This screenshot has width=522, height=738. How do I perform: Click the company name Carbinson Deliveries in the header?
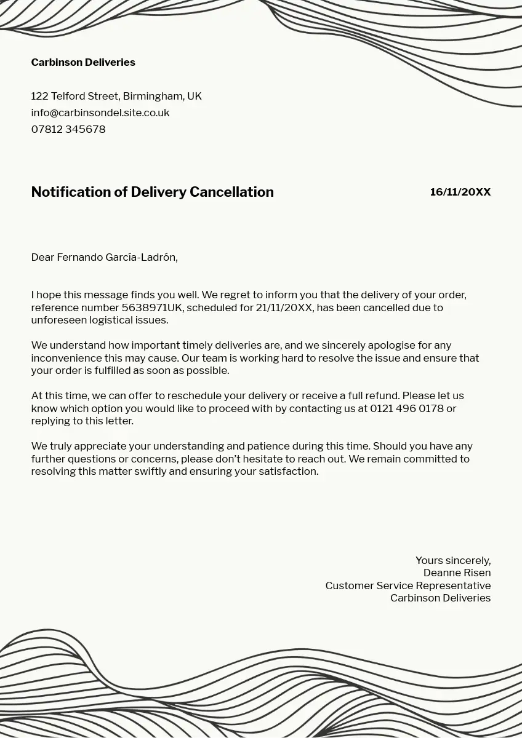tap(83, 62)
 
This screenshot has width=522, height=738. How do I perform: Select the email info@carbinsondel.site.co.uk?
tap(100, 113)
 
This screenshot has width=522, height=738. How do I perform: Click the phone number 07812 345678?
tap(68, 129)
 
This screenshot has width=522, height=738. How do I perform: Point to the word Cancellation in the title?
tap(231, 192)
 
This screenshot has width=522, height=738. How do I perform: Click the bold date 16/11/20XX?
tap(460, 192)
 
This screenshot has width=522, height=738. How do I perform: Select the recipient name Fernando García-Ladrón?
tap(116, 257)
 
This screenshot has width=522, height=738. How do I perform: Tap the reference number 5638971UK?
tap(151, 307)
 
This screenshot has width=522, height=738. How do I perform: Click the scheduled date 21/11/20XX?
tap(284, 307)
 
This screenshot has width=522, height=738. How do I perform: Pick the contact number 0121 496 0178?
tap(406, 408)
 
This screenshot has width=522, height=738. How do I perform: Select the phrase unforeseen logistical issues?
tap(99, 320)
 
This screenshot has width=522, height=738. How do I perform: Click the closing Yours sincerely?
tap(452, 560)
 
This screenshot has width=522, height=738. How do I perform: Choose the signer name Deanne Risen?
tap(457, 573)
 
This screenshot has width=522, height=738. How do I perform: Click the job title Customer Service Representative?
tap(408, 585)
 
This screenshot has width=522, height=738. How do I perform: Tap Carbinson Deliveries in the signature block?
tap(440, 598)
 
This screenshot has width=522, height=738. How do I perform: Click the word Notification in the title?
tap(71, 192)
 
